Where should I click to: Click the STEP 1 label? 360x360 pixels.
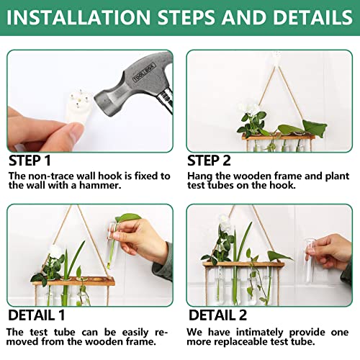pos(30,160)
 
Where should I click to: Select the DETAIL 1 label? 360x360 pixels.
pos(36,315)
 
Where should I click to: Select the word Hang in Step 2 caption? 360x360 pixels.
pos(200,176)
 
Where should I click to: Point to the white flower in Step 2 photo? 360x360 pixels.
pos(248,109)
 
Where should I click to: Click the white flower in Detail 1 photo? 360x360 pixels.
pos(55,251)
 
